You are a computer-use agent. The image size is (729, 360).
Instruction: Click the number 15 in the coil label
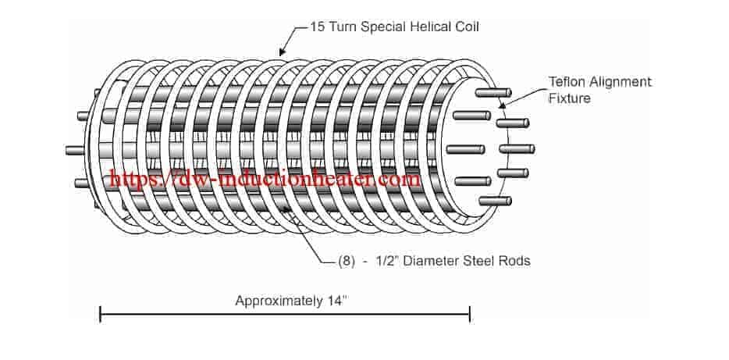click(318, 27)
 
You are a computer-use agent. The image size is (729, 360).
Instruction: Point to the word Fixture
click(570, 98)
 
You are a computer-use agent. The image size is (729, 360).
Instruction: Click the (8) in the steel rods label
click(347, 261)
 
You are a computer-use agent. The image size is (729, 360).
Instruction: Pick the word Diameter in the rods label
click(424, 261)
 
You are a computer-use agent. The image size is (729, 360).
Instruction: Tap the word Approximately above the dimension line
click(278, 301)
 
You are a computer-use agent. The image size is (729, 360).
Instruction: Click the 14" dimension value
click(336, 301)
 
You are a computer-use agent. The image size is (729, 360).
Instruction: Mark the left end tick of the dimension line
click(101, 314)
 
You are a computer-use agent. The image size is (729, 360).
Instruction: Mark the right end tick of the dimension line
click(470, 314)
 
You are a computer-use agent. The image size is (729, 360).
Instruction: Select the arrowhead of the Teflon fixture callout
click(503, 105)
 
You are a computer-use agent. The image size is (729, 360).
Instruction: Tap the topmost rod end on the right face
click(493, 93)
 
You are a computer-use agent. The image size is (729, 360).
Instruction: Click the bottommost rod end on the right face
click(495, 201)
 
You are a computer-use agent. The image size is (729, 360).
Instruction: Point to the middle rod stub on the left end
click(76, 150)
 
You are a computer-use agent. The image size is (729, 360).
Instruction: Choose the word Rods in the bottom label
click(517, 261)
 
